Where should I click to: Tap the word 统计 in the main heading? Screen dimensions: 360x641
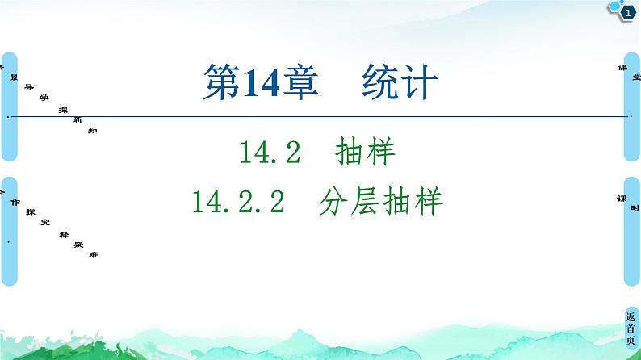[x=400, y=84]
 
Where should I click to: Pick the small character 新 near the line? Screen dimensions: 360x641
[x=78, y=119]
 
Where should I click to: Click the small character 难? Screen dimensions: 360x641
[x=94, y=255]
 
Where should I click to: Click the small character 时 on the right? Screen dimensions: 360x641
[x=636, y=208]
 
